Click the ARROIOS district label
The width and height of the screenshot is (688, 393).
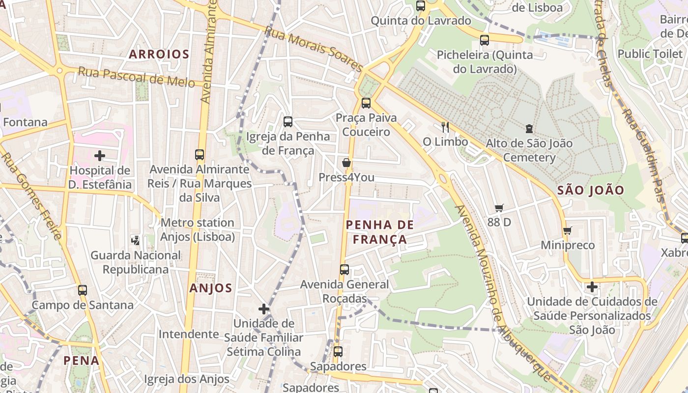159,55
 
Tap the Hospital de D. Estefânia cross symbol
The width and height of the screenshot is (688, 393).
100,156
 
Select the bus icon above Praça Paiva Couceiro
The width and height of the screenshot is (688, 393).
366,103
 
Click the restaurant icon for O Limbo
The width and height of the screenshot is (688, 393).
445,127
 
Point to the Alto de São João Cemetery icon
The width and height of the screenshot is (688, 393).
529,129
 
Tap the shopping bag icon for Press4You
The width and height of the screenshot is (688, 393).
346,163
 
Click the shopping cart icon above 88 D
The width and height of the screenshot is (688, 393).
499,208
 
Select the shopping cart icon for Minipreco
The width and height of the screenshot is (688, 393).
568,230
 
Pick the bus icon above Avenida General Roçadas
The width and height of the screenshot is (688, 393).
344,270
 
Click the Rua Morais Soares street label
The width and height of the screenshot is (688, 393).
313,48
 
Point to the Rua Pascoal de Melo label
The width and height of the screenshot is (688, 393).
136,77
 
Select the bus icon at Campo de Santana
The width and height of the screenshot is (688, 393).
83,290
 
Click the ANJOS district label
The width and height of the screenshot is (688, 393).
211,288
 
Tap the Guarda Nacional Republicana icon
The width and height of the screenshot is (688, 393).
136,240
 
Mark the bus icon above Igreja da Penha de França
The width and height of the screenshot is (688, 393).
288,121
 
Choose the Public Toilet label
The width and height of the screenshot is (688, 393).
650,54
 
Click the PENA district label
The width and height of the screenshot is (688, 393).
81,361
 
